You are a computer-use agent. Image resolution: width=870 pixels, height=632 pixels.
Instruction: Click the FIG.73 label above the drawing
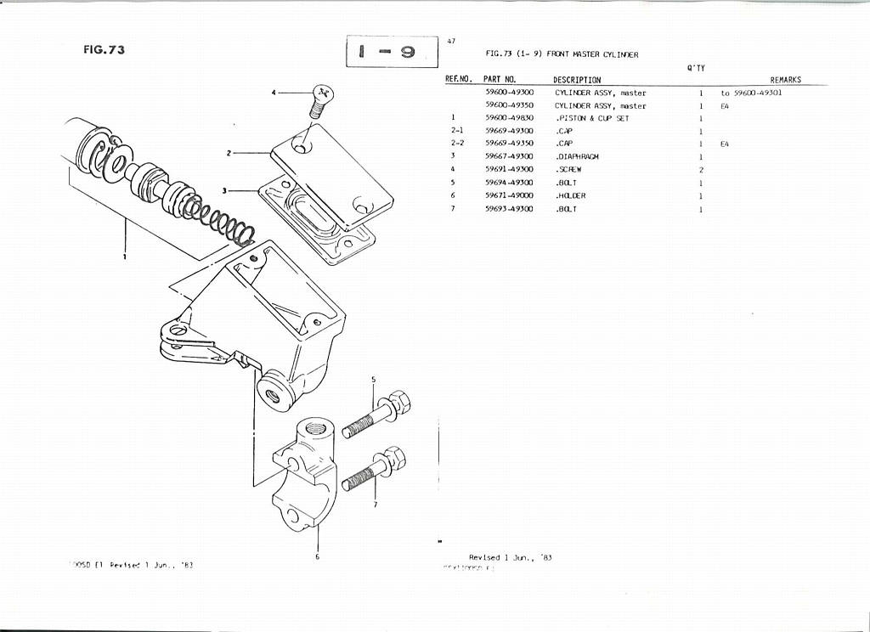pyautogui.click(x=104, y=49)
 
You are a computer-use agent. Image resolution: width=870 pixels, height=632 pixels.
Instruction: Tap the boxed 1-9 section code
pyautogui.click(x=392, y=52)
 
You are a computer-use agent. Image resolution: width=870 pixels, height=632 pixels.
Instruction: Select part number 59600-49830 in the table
pyautogui.click(x=509, y=119)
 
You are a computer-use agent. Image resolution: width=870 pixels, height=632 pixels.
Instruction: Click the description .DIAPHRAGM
pyautogui.click(x=577, y=157)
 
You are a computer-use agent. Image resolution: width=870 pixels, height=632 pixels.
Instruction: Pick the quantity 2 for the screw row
pyautogui.click(x=700, y=170)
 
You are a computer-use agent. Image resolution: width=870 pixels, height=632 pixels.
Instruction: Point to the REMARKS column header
pyautogui.click(x=785, y=80)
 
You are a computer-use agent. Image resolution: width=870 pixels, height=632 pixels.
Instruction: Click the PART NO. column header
pyautogui.click(x=499, y=80)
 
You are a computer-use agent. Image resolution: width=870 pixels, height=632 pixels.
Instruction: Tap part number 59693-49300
pyautogui.click(x=509, y=208)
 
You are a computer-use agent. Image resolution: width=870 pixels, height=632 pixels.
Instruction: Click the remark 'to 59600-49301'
pyautogui.click(x=751, y=93)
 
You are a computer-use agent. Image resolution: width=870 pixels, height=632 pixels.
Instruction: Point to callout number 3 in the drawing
pyautogui.click(x=224, y=190)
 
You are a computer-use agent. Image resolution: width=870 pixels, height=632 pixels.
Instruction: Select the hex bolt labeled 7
pyautogui.click(x=376, y=471)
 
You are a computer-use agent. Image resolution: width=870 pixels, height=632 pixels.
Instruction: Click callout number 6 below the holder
pyautogui.click(x=318, y=558)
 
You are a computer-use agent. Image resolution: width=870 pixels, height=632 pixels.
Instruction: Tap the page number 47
pyautogui.click(x=450, y=40)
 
